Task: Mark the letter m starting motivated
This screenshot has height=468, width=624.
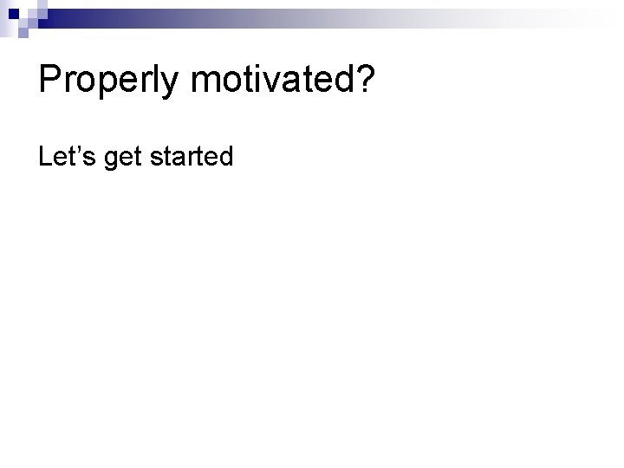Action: click(205, 85)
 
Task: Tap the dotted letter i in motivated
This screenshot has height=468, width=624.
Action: click(254, 81)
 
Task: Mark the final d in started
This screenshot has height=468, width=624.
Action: click(226, 156)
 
